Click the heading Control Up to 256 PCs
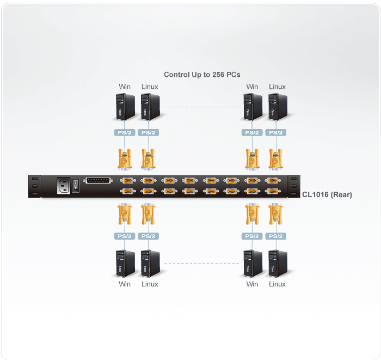tap(202, 75)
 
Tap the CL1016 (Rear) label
tap(327, 194)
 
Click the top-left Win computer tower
tap(125, 107)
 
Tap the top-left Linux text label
tap(150, 87)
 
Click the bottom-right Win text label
tap(252, 284)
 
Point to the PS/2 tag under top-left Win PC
tap(125, 132)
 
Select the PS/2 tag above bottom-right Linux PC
tap(276, 236)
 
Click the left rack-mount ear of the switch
tap(35, 186)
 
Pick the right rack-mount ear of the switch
tap(294, 186)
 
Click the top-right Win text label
tap(252, 87)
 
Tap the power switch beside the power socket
tap(76, 186)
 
